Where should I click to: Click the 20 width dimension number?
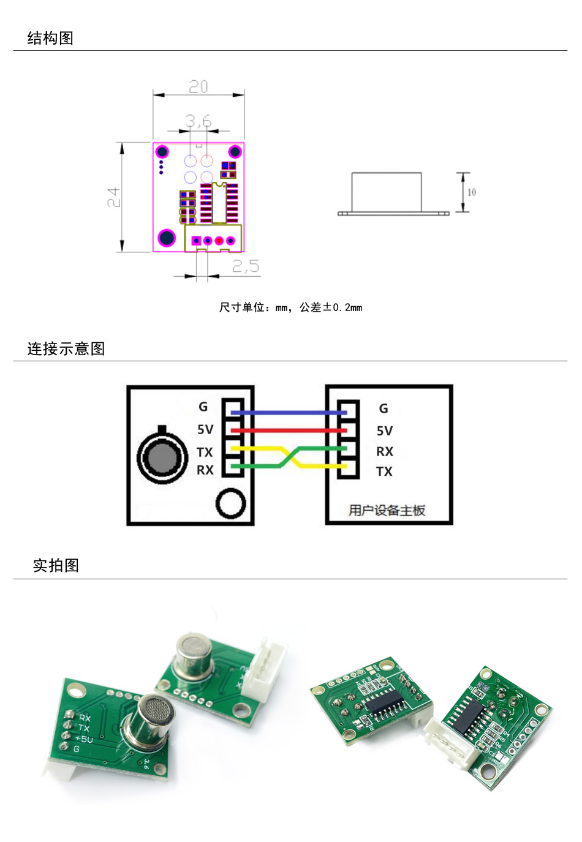198,87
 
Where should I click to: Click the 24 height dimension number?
113,197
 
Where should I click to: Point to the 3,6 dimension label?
198,121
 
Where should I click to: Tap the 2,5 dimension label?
245,266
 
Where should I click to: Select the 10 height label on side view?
472,192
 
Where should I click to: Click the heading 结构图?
50,38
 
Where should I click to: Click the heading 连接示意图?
66,348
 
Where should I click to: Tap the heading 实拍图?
56,565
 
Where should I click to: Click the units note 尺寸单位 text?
290,307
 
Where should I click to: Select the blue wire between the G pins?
288,412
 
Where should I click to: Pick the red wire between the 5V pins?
288,430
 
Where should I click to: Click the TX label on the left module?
205,452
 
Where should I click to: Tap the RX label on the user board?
385,451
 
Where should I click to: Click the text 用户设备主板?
387,510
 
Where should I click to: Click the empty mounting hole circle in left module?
231,503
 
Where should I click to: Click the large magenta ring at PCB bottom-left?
167,238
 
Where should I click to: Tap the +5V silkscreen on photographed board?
84,739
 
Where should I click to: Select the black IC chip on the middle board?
384,705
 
